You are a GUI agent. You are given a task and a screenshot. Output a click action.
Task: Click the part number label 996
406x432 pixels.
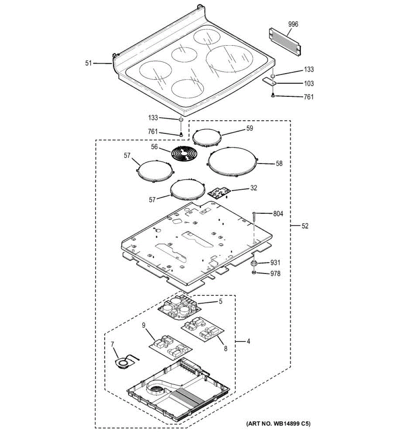[x=293, y=24]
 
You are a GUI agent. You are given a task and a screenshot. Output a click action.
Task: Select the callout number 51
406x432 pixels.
[x=89, y=63]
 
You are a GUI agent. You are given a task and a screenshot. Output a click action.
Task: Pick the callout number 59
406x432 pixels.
[x=250, y=128]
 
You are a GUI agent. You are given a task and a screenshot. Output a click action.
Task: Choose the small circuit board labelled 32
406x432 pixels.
[x=218, y=193]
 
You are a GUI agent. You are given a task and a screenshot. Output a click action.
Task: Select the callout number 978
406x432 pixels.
[x=276, y=274]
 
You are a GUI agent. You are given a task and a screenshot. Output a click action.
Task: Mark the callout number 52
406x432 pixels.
[x=305, y=226]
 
